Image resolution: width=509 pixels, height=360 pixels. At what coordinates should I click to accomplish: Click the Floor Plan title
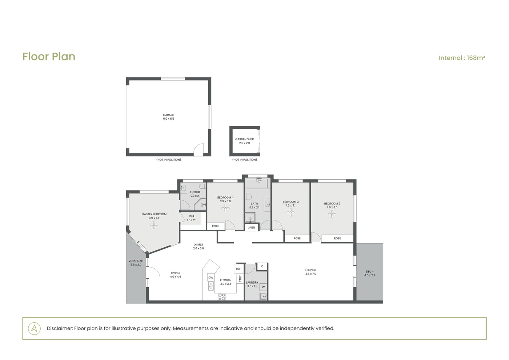coord(49,57)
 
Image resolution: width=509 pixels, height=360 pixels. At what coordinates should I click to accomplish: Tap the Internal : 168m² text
coord(462,58)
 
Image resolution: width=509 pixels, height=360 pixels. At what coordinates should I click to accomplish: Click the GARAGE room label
coord(169,115)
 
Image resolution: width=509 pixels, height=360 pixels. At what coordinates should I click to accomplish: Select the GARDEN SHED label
coord(244,139)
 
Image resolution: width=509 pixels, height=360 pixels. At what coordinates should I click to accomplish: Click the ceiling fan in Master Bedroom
coord(154,225)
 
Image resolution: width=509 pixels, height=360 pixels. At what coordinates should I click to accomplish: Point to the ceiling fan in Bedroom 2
coord(332,214)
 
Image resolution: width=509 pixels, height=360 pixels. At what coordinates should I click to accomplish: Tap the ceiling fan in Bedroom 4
coord(225,208)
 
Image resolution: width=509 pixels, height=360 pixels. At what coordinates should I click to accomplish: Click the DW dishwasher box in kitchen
coord(211,277)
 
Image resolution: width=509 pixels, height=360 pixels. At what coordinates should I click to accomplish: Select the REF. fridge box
coord(239,269)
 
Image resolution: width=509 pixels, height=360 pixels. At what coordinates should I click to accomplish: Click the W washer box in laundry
coord(263,287)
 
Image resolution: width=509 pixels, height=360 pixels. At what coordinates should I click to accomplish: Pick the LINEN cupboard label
coord(251,228)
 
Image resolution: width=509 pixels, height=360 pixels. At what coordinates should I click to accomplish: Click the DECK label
coord(369,272)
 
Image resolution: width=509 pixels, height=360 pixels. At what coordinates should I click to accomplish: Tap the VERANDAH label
coord(136,261)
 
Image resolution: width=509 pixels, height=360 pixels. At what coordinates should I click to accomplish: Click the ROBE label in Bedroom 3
coord(297,239)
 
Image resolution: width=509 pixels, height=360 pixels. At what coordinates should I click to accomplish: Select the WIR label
coord(192,216)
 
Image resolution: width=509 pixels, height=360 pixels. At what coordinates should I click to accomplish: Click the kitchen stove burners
coord(222,297)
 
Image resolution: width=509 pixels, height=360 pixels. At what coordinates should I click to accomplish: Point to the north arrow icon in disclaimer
coord(34,328)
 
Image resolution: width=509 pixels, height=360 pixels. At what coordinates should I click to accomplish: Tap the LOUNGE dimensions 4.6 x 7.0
coord(310,274)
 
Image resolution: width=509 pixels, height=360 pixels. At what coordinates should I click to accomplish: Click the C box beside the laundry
coord(262,266)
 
